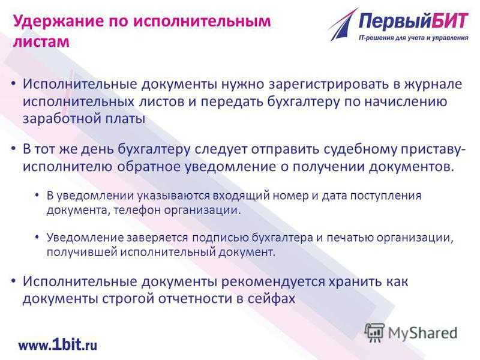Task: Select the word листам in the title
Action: [41, 42]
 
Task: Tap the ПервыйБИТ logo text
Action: [413, 22]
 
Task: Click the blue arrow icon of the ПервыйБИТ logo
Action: [343, 25]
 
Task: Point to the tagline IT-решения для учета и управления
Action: [413, 38]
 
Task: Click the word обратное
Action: [148, 167]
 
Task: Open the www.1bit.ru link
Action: [58, 345]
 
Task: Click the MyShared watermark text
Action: [423, 333]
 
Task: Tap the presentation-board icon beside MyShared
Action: [374, 332]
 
